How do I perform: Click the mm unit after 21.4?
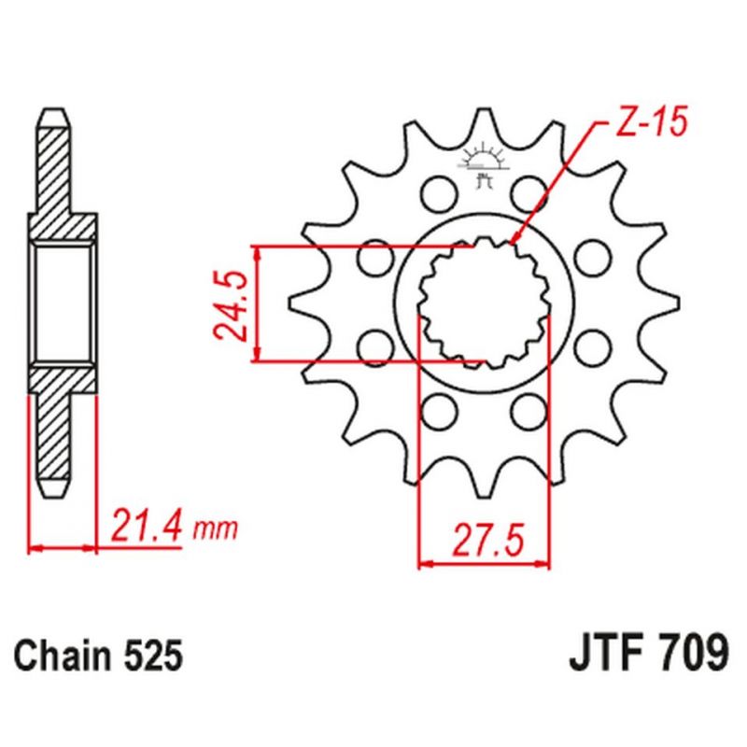point(216,530)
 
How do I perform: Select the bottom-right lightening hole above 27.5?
point(530,407)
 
